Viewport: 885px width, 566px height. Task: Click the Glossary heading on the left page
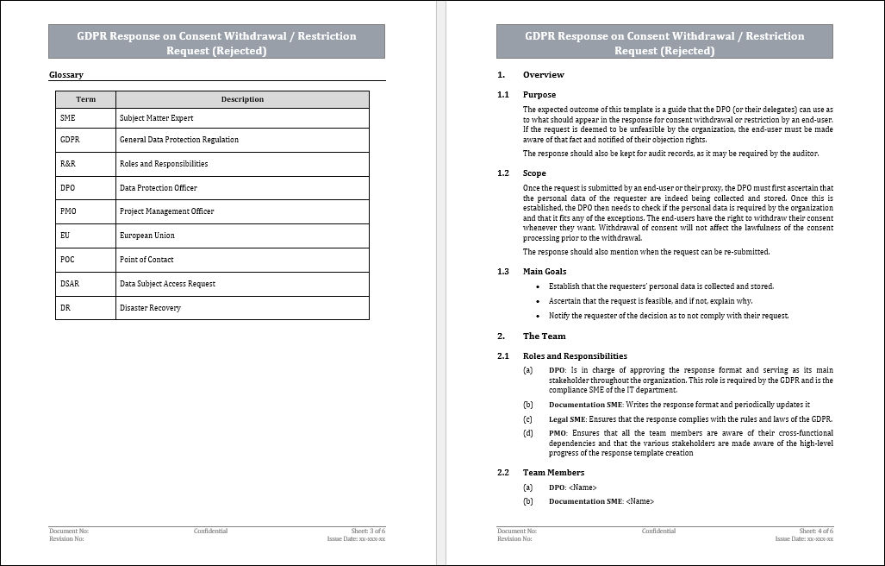tap(66, 75)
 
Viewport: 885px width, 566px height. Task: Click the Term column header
tap(85, 99)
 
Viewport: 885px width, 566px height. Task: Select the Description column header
tap(242, 99)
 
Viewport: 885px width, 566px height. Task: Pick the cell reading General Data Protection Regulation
tap(178, 140)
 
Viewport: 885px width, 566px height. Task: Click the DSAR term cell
tap(70, 284)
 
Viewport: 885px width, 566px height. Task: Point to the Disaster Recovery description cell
tap(150, 308)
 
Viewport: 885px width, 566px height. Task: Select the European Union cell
tap(146, 236)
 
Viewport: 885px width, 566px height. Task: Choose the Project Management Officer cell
tap(166, 211)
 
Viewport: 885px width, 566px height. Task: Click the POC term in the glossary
tap(67, 260)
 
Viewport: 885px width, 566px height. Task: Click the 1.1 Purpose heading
tap(539, 95)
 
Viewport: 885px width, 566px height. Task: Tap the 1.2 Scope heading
tap(534, 173)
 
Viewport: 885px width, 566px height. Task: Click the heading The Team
tap(544, 336)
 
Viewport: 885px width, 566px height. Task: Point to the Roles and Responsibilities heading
tap(575, 356)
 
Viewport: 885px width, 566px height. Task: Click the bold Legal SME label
tap(567, 419)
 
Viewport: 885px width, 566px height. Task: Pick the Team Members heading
tap(553, 473)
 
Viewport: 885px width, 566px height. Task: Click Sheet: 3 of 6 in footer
tap(368, 531)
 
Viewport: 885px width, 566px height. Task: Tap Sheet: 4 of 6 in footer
tap(816, 531)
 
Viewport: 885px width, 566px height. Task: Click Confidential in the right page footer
tap(658, 531)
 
